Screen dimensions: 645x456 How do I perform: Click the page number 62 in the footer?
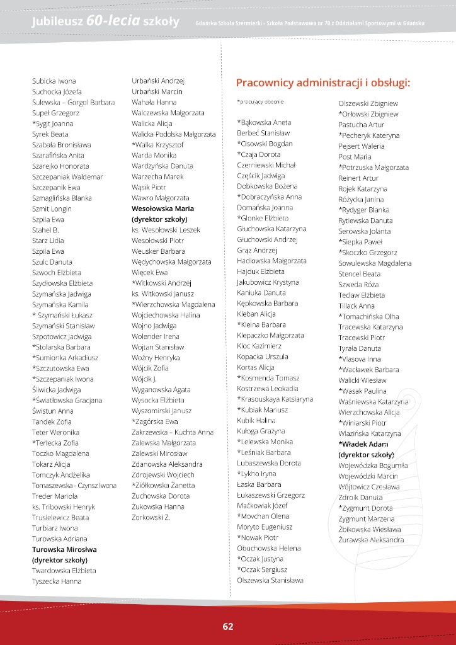[227, 626]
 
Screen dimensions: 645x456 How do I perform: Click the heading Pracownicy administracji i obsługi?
[323, 83]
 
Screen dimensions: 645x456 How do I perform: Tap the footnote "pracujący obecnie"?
[260, 101]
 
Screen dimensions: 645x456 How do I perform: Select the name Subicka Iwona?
[54, 81]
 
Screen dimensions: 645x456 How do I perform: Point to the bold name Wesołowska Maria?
[162, 208]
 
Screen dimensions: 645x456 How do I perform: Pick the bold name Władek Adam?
[363, 444]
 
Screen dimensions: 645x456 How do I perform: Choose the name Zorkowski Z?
[151, 517]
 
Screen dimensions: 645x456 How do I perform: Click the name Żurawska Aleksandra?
[371, 540]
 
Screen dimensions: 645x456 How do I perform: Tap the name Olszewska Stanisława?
[270, 580]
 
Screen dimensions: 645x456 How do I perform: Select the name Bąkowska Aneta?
[264, 122]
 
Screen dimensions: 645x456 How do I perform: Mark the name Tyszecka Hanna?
[57, 581]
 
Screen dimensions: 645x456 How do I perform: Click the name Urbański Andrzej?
[157, 81]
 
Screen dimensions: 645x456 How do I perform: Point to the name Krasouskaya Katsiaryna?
[275, 399]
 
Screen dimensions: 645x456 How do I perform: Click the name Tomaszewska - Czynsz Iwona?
[74, 486]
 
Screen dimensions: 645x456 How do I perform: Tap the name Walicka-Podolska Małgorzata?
[173, 134]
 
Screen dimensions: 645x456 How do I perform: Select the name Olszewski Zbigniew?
[368, 103]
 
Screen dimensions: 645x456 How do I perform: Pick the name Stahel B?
[45, 230]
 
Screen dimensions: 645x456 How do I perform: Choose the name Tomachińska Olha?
[368, 316]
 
